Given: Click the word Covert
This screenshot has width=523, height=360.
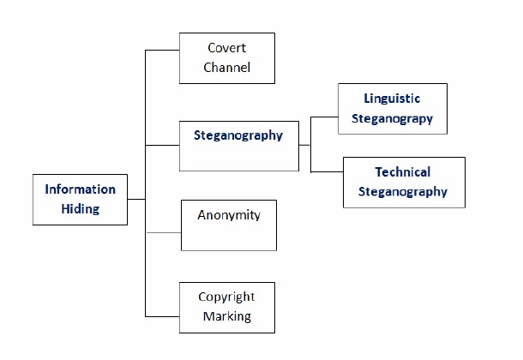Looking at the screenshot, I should pos(227,48).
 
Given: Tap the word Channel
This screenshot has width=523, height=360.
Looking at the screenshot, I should pos(227,67).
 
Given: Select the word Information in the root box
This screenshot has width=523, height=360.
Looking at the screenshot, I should pos(81,189).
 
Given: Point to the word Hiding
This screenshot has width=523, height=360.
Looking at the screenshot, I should pos(80,208).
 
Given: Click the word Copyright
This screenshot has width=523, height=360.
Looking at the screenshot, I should pos(226,297).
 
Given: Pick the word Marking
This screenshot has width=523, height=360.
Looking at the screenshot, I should pos(227,316).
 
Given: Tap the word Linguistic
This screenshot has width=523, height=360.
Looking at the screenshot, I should pos(392,99).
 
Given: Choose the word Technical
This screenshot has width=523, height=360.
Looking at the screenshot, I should pos(403,172).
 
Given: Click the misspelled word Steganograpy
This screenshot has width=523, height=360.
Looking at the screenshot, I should pos(392,118).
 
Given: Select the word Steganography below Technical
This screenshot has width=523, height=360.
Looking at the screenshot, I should pos(404,191).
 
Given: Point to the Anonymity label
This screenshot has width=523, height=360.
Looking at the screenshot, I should pos(229,215).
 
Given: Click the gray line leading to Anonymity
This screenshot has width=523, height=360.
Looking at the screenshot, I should pos(163,232).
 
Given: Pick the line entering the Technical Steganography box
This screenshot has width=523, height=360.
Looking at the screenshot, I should pos(327,171).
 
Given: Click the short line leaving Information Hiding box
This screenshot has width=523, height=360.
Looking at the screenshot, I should pos(136,199).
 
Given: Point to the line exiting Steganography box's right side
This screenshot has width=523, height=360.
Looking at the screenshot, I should pos(304,146).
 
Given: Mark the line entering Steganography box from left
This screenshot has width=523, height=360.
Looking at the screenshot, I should pos(162,146).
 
